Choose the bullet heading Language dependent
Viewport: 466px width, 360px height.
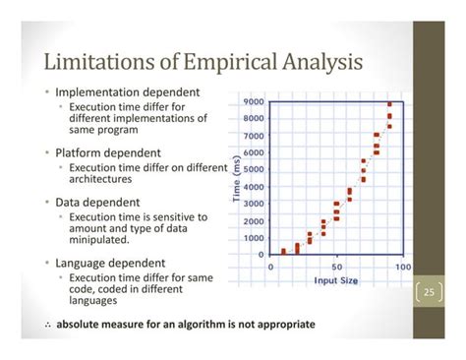(x=113, y=264)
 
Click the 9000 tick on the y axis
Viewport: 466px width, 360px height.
(x=252, y=102)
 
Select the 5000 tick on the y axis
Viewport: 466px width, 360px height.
(x=252, y=170)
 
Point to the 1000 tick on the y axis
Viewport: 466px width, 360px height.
(x=252, y=237)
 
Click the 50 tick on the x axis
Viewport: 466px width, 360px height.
(x=337, y=267)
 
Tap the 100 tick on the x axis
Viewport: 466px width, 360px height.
(x=400, y=267)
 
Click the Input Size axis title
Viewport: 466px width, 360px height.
(x=335, y=280)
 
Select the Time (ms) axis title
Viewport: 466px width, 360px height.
(x=236, y=178)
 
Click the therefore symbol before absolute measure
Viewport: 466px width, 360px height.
(x=47, y=325)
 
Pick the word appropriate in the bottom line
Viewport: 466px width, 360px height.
(x=280, y=325)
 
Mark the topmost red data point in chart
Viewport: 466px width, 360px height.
(x=389, y=104)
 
